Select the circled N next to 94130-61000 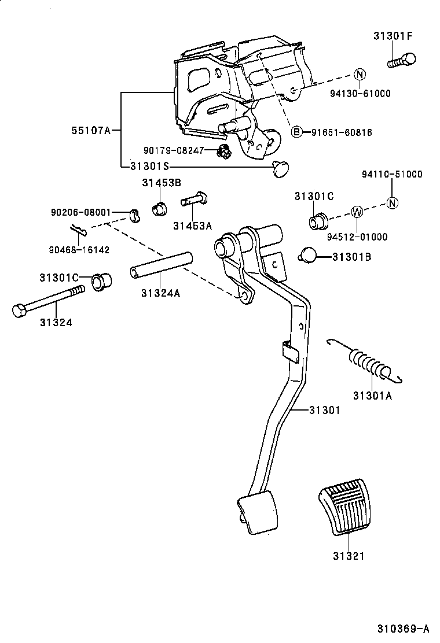359,74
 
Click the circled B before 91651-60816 296,132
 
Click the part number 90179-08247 174,150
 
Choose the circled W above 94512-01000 357,212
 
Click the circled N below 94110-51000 392,202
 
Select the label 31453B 162,183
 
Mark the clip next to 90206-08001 135,215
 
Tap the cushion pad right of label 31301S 281,168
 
